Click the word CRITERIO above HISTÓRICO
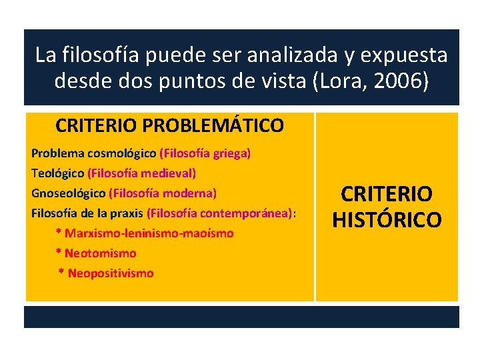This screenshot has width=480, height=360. [387, 195]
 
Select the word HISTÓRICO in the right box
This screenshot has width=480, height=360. [387, 219]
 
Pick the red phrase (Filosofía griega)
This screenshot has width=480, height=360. [205, 153]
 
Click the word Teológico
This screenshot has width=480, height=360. [57, 173]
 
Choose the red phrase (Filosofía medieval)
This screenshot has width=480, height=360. [141, 173]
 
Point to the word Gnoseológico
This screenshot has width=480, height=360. [68, 193]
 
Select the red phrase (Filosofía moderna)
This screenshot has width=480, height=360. [163, 193]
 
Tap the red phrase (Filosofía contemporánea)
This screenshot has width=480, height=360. [219, 213]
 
